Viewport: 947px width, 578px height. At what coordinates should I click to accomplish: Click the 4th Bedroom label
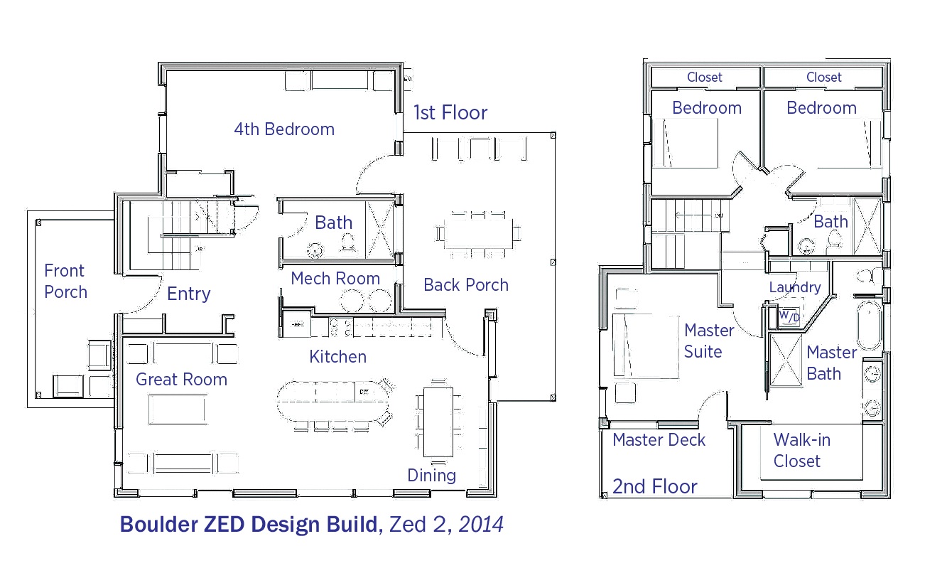(284, 129)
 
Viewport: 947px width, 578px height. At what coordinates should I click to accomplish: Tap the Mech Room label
(335, 279)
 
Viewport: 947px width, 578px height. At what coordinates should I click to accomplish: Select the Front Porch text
(65, 282)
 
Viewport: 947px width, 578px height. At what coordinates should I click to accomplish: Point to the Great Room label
(181, 380)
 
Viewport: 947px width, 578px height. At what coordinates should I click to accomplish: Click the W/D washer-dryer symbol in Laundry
(789, 316)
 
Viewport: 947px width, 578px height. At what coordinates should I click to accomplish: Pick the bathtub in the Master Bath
(870, 325)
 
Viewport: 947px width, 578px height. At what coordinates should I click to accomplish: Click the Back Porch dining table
(478, 233)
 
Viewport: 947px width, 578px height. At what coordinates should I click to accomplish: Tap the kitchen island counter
(332, 401)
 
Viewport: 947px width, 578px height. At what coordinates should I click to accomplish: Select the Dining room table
(438, 422)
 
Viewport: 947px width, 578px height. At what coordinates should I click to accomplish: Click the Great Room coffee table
(178, 410)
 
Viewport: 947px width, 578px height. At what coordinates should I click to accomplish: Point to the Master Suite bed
(646, 346)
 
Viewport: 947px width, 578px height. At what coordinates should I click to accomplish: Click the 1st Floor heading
(450, 112)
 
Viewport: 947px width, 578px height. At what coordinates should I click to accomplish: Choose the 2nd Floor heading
(655, 486)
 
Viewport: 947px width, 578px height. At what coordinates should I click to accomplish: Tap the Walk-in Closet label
(801, 450)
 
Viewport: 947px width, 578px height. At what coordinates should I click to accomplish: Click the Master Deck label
(659, 440)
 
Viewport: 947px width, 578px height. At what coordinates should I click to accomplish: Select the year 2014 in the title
(481, 524)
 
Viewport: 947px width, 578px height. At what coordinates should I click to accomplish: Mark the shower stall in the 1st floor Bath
(380, 230)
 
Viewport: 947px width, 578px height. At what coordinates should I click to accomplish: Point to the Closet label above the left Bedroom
(704, 77)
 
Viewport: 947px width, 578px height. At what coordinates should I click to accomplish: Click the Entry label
(188, 294)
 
